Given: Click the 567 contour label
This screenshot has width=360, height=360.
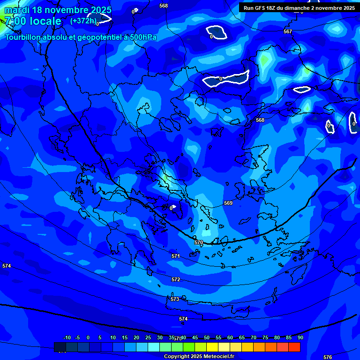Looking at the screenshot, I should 288,32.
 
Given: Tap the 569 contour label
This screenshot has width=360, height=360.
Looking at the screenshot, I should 228,203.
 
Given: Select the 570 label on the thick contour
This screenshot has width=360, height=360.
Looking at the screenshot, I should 199,242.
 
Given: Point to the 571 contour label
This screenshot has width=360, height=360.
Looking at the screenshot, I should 176,256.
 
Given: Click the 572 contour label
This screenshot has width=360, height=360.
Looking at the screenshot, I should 176,279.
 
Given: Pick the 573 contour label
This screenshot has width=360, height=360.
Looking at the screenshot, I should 175,299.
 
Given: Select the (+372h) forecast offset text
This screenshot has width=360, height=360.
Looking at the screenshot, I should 83,21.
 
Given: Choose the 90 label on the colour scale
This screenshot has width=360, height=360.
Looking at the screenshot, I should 300,337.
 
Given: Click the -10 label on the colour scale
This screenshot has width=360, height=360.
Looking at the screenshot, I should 67,337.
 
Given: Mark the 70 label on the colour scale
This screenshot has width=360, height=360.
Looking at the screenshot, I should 254,337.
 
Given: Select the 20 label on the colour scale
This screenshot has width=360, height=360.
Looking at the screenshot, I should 136,337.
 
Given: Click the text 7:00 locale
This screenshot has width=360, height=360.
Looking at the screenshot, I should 33,21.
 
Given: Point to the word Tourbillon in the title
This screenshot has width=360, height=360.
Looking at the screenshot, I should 23,37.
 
